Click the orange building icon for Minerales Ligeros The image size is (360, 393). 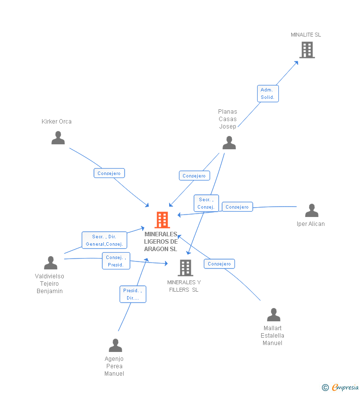tap(162, 220)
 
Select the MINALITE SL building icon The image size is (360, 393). tap(307, 49)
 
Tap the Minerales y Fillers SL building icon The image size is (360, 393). tap(185, 267)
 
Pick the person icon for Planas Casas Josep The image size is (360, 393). tap(229, 142)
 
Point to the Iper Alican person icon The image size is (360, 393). tap(312, 210)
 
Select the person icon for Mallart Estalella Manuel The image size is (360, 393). tap(273, 314)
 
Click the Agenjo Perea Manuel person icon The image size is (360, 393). tap(115, 345)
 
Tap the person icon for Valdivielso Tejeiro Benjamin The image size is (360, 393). tap(50, 262)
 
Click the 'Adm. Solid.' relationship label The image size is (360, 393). tap(268, 93)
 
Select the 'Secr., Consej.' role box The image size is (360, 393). tap(206, 203)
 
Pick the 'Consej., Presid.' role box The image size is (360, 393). tap(116, 261)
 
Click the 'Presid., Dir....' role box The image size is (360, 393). tap(133, 294)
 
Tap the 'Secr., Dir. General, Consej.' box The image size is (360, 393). tap(104, 240)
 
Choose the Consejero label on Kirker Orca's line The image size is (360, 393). tap(109, 173)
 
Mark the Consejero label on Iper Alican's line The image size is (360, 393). tap(237, 207)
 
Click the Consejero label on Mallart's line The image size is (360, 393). tap(219, 263)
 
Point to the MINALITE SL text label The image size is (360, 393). tap(306, 35)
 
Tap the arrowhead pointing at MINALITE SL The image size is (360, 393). tap(297, 62)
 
